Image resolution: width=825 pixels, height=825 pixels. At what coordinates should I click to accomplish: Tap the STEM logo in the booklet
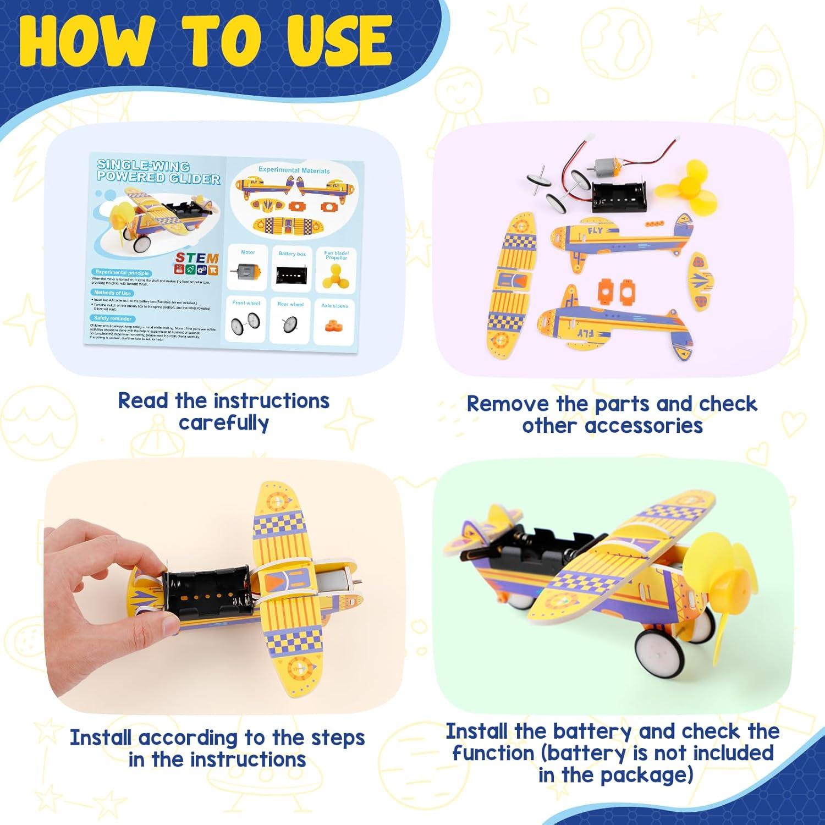click(x=197, y=263)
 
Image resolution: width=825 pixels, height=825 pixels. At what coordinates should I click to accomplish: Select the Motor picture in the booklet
click(x=248, y=271)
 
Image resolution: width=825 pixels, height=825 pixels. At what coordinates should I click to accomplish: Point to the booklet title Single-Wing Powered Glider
click(x=158, y=172)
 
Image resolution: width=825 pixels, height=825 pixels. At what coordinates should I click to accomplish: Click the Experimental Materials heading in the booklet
click(x=294, y=170)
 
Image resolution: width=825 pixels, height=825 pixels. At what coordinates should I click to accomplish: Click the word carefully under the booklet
click(x=223, y=423)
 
